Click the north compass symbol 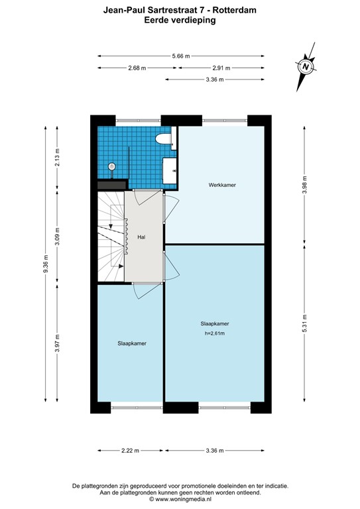[x=305, y=66]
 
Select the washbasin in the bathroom [x=169, y=170]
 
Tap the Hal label [x=141, y=237]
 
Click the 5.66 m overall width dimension [x=180, y=56]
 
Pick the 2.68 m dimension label [x=137, y=68]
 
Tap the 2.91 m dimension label [x=221, y=68]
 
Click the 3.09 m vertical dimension [x=58, y=237]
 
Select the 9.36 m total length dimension [x=46, y=263]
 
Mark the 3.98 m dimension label [x=304, y=184]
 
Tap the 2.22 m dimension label [x=130, y=451]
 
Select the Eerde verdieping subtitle [x=180, y=21]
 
